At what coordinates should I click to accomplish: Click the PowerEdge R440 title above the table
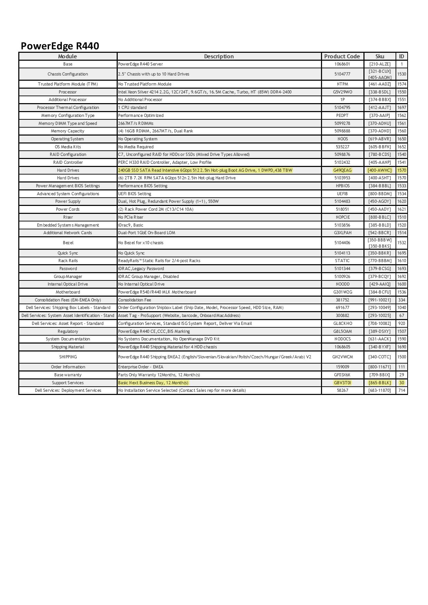coord(60,46)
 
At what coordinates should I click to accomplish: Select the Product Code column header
coord(342,56)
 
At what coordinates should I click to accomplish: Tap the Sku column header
coord(380,56)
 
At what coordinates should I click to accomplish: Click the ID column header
coord(401,56)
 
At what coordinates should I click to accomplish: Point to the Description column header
coord(219,56)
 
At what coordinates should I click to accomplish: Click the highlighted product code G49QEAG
coord(342,170)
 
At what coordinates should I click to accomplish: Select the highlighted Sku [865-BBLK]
coord(380,383)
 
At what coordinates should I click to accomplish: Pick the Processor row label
coord(68,92)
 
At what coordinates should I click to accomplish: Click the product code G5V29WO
coord(342,92)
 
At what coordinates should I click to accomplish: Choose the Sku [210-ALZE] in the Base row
coord(380,64)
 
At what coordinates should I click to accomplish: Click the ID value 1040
coord(401,307)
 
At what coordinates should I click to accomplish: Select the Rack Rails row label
coord(68,260)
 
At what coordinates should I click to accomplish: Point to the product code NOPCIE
coord(342,217)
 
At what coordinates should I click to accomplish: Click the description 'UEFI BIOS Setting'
coord(135,194)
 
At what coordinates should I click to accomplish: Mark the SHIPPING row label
coord(68,357)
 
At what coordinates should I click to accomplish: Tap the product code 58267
coord(342,390)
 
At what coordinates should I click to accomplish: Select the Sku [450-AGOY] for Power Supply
coord(380,201)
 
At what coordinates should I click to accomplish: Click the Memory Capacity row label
coord(68,131)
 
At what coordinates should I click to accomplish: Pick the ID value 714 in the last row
coord(401,390)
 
